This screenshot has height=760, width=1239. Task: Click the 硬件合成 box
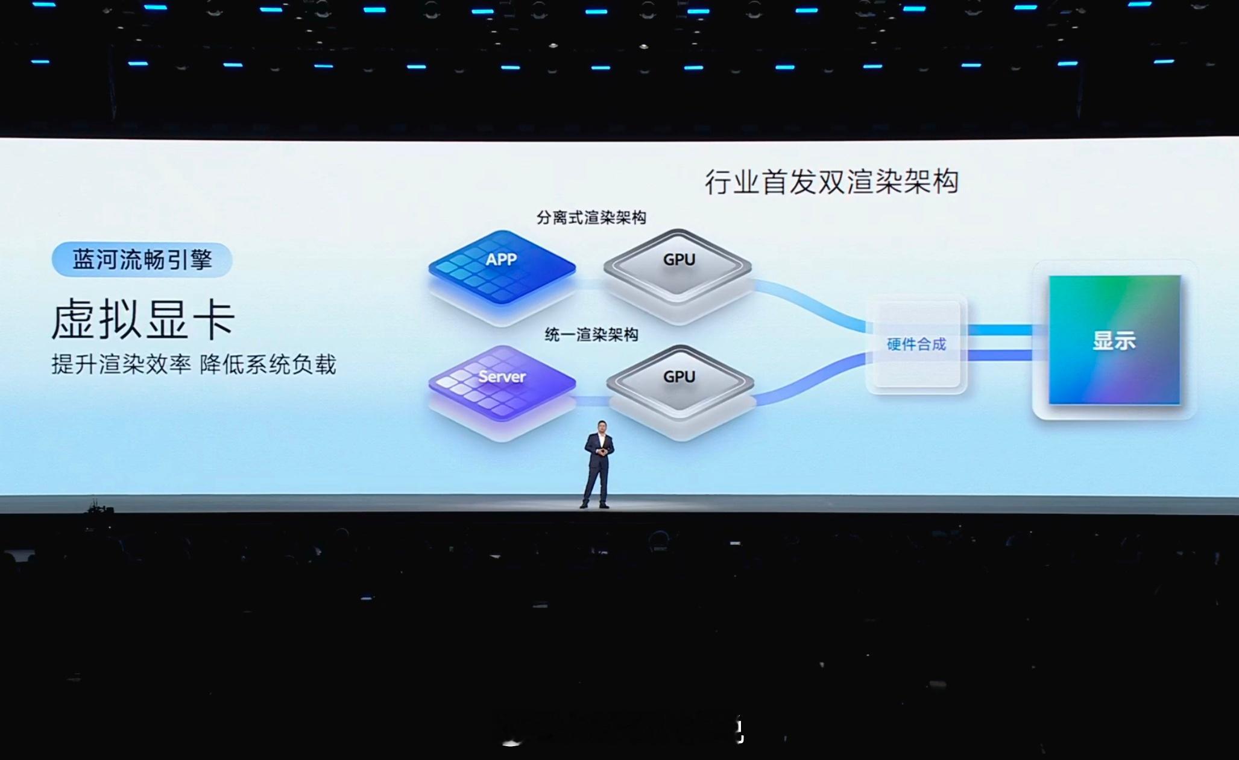[916, 344]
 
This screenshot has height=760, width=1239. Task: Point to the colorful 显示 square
[1114, 340]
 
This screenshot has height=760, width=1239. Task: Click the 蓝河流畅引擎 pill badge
[142, 260]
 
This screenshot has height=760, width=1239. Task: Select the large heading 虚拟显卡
[143, 320]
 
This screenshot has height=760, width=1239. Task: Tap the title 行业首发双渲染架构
[831, 182]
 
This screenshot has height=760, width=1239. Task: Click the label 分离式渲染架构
[591, 218]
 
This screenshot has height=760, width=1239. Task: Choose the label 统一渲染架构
[591, 335]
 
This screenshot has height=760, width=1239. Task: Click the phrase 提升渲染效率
[121, 365]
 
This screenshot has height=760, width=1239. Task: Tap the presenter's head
[602, 426]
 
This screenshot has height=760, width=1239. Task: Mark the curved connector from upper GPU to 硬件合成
[811, 305]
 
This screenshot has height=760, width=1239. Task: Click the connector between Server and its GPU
[591, 401]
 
